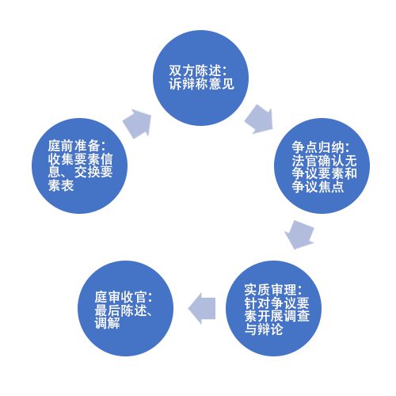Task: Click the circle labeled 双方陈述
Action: [200, 78]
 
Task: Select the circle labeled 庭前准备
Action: [79, 166]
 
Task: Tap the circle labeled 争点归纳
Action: [322, 166]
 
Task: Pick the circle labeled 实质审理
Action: [273, 308]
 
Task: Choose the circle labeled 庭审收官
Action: [126, 308]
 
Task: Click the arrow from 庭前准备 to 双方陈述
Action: [138, 124]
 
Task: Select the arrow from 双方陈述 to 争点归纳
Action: [259, 120]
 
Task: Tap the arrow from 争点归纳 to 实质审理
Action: [299, 234]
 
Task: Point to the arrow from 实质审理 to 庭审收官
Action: [202, 308]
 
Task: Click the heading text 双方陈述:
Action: [198, 70]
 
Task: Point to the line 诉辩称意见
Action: [201, 84]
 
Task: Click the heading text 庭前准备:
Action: [77, 146]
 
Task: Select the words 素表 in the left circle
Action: [61, 185]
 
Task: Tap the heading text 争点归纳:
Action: [321, 147]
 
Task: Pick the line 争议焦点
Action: [318, 187]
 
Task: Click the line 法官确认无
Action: [324, 161]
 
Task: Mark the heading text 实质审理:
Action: [273, 290]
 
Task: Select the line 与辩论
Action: [264, 329]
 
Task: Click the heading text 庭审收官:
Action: [124, 297]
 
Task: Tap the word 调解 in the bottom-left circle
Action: [107, 323]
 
